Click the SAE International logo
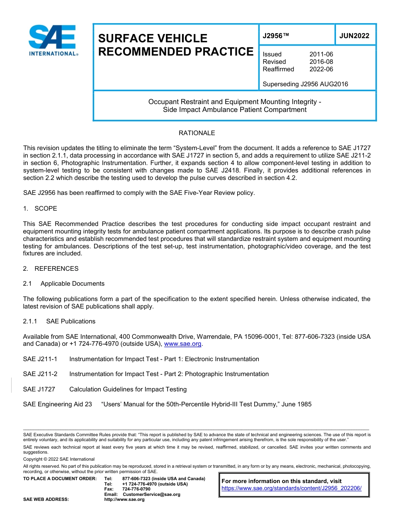click(53, 40)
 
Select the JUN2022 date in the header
click(354, 36)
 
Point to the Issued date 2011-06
click(321, 54)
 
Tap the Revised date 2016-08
click(321, 62)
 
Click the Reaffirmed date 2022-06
click(321, 69)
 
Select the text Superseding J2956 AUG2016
click(305, 84)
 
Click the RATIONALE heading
click(197, 133)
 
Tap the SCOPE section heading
click(46, 208)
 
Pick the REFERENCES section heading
click(56, 268)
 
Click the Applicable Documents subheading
click(73, 284)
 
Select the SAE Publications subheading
click(71, 321)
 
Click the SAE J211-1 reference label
click(40, 359)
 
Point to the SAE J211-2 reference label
click(40, 374)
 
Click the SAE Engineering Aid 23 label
click(57, 404)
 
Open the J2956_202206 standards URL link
click(292, 488)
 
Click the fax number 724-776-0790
click(136, 489)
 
